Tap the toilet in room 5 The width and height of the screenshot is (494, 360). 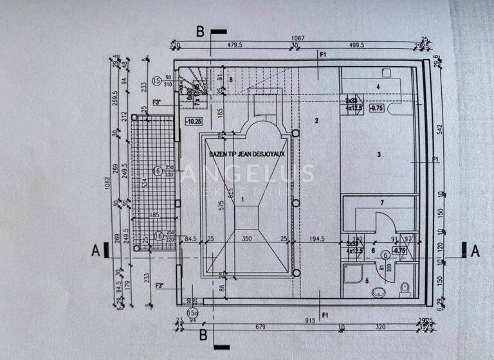click(405, 291)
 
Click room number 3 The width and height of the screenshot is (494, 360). click(380, 154)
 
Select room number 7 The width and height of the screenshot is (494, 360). click(381, 203)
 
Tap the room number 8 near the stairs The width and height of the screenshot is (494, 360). click(230, 80)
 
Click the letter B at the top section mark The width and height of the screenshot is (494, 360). click(201, 31)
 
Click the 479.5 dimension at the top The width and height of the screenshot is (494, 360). click(233, 46)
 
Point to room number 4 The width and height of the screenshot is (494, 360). click(379, 85)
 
